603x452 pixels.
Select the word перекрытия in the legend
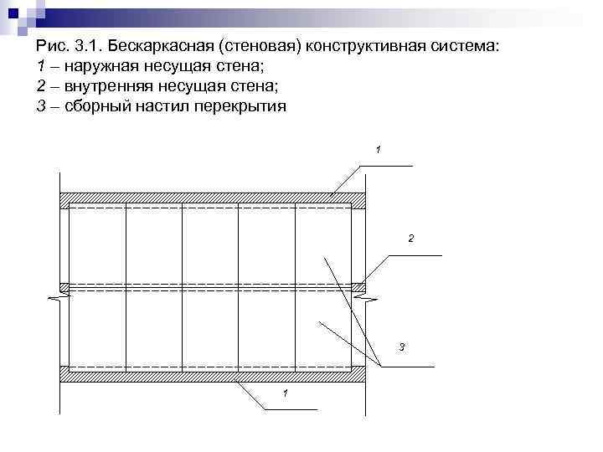(237, 107)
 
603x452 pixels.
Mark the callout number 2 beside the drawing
(410, 239)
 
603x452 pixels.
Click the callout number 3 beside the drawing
(402, 347)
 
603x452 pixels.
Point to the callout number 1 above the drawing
(379, 150)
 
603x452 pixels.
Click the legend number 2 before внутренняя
(41, 87)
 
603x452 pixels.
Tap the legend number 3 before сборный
(41, 107)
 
